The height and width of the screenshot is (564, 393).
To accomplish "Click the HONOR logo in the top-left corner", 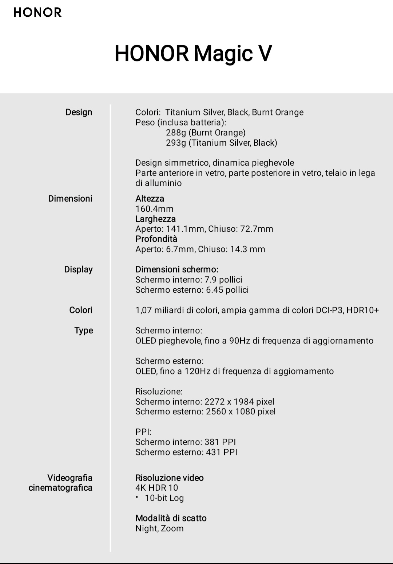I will coord(37,13).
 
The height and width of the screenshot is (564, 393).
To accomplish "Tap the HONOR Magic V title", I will coord(193,53).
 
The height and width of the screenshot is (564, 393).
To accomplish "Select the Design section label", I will coord(79,112).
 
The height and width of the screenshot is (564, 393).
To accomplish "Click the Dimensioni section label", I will coord(70,199).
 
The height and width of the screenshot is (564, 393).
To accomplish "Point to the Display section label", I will coord(78,269).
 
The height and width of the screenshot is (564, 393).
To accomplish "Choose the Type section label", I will coord(83,330).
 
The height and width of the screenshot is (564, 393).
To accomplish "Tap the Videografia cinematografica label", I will coord(60,483).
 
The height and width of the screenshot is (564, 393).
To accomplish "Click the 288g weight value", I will coord(176,133).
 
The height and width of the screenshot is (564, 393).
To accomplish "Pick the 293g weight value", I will coord(176,143).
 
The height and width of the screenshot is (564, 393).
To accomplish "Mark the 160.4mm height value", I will coord(154,209).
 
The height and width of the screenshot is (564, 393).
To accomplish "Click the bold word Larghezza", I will coord(155,219).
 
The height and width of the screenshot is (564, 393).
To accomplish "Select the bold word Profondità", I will coord(156,239).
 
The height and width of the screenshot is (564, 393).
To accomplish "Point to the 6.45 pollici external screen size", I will coord(227,290).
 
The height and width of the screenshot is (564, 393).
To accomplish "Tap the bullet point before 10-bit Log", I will coord(138,497).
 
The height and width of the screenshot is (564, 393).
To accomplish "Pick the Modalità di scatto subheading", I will coord(171,518).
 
